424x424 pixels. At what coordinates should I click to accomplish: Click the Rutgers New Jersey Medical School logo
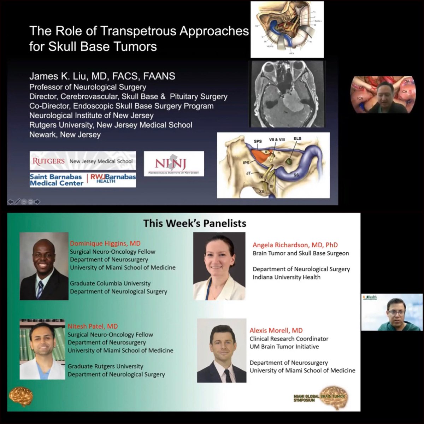coord(83,161)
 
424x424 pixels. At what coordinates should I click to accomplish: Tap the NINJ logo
coord(174,164)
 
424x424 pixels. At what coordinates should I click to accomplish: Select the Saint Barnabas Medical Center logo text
coord(56,180)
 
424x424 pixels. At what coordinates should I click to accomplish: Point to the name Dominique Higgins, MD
coord(105,243)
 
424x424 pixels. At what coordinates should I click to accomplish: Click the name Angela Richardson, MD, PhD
coord(295,245)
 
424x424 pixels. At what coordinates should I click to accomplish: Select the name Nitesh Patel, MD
coord(93,326)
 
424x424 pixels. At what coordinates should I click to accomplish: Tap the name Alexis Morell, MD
coord(276,330)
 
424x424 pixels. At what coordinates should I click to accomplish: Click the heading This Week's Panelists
coord(195,223)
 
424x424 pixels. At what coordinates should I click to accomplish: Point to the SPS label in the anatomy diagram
coord(258,141)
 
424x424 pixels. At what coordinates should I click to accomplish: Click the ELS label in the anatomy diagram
coord(298,139)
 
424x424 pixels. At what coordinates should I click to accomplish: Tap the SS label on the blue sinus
coord(300,175)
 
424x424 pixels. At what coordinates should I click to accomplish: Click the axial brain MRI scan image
coord(287,94)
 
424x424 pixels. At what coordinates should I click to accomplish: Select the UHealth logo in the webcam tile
coord(370,298)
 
